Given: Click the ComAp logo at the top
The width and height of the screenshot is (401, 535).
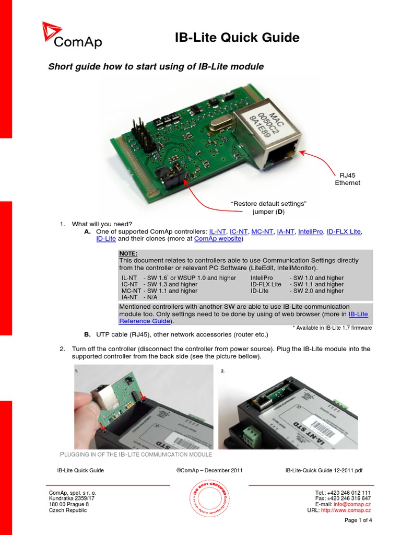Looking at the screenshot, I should [x=72, y=36].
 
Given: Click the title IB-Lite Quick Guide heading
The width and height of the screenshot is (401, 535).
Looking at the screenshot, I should [x=237, y=38].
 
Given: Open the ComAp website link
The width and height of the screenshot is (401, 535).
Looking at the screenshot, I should [x=218, y=239].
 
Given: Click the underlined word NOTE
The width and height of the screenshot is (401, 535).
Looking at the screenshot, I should [x=128, y=253].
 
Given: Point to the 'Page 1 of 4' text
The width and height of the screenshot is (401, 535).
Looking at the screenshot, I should [x=359, y=520].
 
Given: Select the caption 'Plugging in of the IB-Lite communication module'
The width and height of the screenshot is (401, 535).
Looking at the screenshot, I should [x=137, y=455].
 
